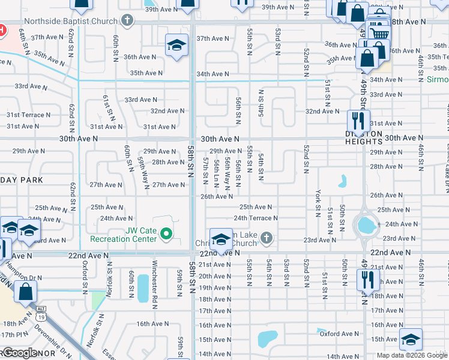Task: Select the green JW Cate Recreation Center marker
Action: pyautogui.click(x=167, y=234)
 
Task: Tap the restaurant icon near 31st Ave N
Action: pyautogui.click(x=358, y=119)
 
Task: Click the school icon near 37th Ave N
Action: pyautogui.click(x=176, y=44)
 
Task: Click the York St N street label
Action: pyautogui.click(x=318, y=203)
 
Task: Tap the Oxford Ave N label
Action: pyautogui.click(x=338, y=334)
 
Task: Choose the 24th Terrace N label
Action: pyautogui.click(x=256, y=218)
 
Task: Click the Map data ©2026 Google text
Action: pyautogui.click(x=411, y=355)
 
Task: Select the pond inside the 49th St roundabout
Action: pyautogui.click(x=364, y=226)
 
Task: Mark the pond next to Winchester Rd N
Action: pyautogui.click(x=143, y=288)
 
